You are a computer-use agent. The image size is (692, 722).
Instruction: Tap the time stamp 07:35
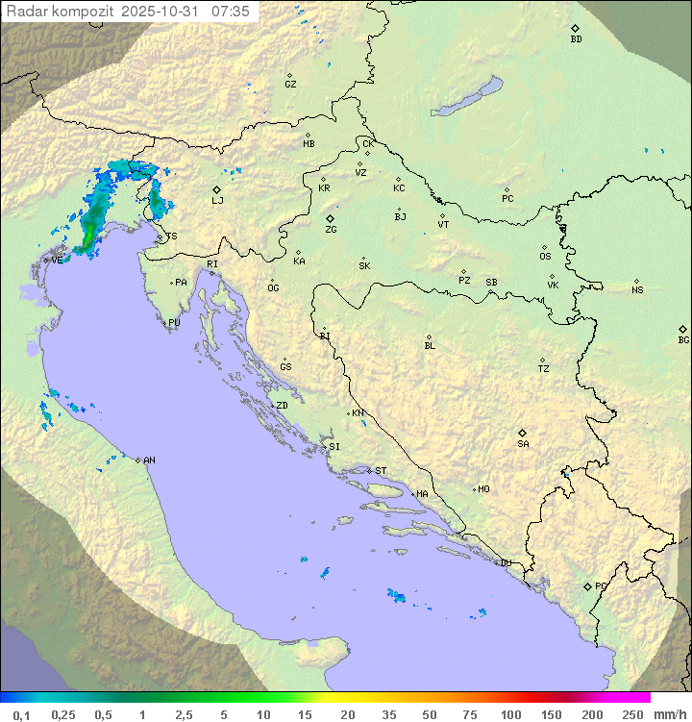tap(231, 11)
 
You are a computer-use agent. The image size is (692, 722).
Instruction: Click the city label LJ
tap(217, 200)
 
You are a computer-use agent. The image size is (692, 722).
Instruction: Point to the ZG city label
tap(331, 230)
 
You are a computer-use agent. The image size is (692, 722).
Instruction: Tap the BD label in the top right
tap(576, 39)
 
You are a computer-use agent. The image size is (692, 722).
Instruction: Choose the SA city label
tap(523, 443)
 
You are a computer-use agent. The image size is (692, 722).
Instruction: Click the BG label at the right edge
tap(683, 339)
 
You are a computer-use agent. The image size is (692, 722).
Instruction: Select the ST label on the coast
tap(381, 471)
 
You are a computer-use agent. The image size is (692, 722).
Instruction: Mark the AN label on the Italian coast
tap(149, 461)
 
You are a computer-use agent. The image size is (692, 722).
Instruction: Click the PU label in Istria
tap(174, 323)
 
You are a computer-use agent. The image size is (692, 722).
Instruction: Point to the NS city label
tap(637, 290)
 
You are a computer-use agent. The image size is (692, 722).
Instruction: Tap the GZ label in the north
tap(290, 84)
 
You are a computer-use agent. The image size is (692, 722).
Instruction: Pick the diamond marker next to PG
tap(588, 585)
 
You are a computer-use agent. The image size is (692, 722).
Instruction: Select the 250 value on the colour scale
tap(632, 714)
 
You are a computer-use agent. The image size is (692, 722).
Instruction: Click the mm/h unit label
tap(669, 714)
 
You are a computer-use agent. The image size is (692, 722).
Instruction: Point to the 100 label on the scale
tap(510, 714)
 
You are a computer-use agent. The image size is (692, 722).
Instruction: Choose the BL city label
tap(430, 345)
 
